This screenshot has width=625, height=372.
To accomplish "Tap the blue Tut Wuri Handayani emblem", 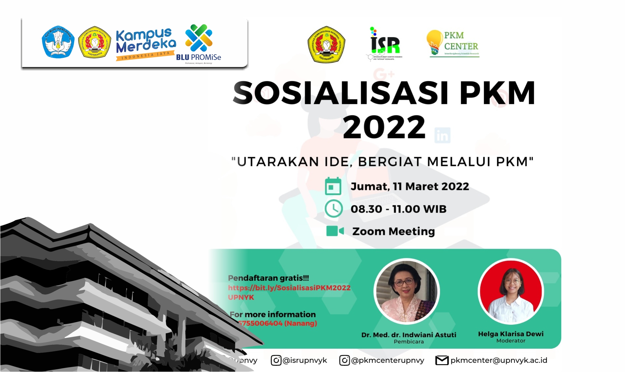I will click(58, 42).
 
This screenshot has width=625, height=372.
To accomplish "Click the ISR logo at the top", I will click(384, 44).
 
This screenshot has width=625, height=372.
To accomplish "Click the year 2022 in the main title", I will click(384, 127).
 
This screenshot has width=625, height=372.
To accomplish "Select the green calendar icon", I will click(333, 187).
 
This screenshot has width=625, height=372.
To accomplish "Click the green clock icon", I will click(334, 209).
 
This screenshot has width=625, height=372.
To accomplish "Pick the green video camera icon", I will click(335, 231).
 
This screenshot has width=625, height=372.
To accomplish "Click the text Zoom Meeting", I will click(393, 231).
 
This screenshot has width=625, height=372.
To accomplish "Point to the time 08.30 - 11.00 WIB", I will click(399, 209).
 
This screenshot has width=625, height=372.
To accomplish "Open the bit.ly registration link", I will click(289, 288).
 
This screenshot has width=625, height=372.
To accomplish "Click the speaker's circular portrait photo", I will click(406, 291).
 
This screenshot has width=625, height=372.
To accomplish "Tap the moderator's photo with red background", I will click(511, 291).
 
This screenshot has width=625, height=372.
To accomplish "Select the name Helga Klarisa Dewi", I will click(511, 334).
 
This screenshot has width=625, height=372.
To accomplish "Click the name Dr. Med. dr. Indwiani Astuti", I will click(409, 335).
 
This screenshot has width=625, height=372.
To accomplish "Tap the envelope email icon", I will click(442, 360).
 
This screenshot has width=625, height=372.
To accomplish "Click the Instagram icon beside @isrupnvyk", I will click(276, 360).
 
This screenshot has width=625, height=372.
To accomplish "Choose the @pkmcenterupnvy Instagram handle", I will click(387, 360).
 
